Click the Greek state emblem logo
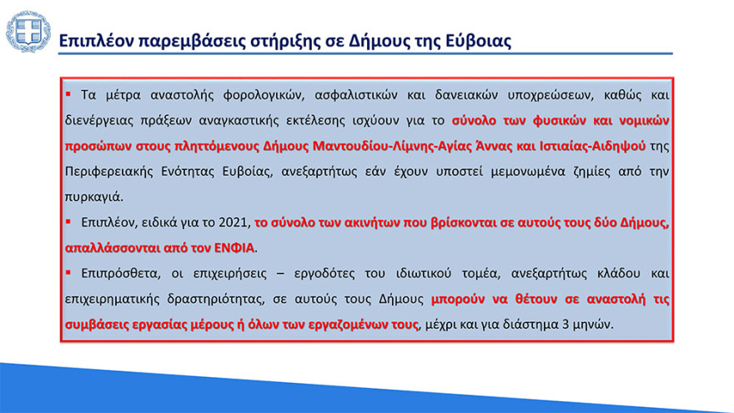(28, 33)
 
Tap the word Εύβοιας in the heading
(473, 40)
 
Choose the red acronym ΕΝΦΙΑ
(233, 248)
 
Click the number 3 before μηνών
(571, 324)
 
